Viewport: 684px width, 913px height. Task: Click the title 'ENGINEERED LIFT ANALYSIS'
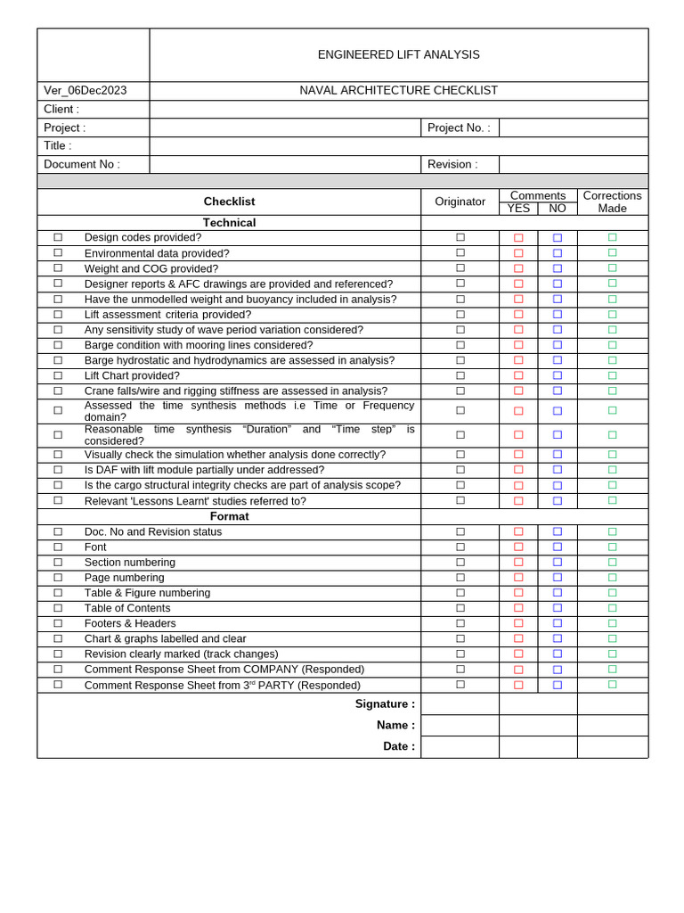click(398, 54)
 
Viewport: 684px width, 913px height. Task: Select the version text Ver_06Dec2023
click(85, 90)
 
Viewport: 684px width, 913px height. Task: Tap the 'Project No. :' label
click(459, 127)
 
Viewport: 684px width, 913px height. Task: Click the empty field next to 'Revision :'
click(573, 164)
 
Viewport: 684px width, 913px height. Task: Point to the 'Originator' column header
click(460, 202)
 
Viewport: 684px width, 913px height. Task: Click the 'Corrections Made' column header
click(612, 202)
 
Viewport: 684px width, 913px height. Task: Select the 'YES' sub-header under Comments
click(518, 209)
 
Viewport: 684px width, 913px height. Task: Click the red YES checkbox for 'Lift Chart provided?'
click(518, 376)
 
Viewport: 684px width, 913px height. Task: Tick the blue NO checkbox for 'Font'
click(558, 547)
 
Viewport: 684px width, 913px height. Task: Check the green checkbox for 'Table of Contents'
click(612, 608)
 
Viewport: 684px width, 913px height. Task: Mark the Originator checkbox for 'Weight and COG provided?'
click(460, 268)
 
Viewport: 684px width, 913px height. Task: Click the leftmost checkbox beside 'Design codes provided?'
click(58, 237)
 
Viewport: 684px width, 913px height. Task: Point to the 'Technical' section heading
click(229, 223)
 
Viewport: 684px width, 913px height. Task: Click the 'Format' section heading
click(229, 516)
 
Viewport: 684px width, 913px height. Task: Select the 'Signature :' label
click(385, 703)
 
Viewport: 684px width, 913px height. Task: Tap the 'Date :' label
click(399, 746)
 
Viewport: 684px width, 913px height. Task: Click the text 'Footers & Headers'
click(130, 623)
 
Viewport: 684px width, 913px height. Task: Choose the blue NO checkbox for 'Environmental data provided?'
click(558, 253)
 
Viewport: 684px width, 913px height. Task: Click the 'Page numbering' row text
click(125, 578)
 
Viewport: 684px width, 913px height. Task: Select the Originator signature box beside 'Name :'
click(460, 725)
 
